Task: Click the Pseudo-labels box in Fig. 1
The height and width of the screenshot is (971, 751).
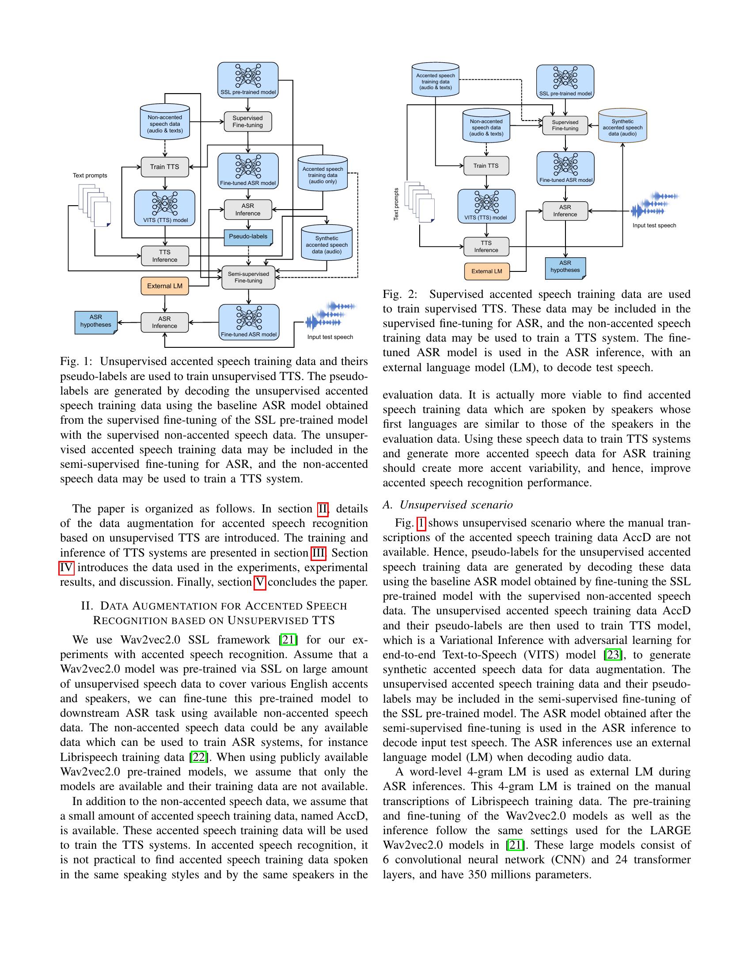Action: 248,237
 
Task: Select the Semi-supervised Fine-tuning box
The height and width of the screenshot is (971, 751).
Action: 248,278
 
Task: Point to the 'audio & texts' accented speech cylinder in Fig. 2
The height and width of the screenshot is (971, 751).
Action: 435,80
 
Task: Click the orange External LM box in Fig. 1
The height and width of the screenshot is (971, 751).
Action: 165,286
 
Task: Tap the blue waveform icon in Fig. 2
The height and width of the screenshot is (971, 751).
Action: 654,206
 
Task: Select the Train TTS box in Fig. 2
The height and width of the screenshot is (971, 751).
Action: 486,166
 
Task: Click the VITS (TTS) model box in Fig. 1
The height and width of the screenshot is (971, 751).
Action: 165,207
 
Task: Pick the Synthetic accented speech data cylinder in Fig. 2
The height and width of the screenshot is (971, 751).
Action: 622,126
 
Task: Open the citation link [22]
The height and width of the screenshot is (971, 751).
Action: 197,757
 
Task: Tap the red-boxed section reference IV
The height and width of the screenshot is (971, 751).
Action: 66,568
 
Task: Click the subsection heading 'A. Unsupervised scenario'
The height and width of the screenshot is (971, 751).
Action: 448,504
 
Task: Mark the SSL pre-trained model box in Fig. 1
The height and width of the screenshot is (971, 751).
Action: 248,80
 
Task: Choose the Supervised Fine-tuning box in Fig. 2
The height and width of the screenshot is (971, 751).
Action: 565,125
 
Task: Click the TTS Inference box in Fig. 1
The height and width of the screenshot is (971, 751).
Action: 165,256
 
